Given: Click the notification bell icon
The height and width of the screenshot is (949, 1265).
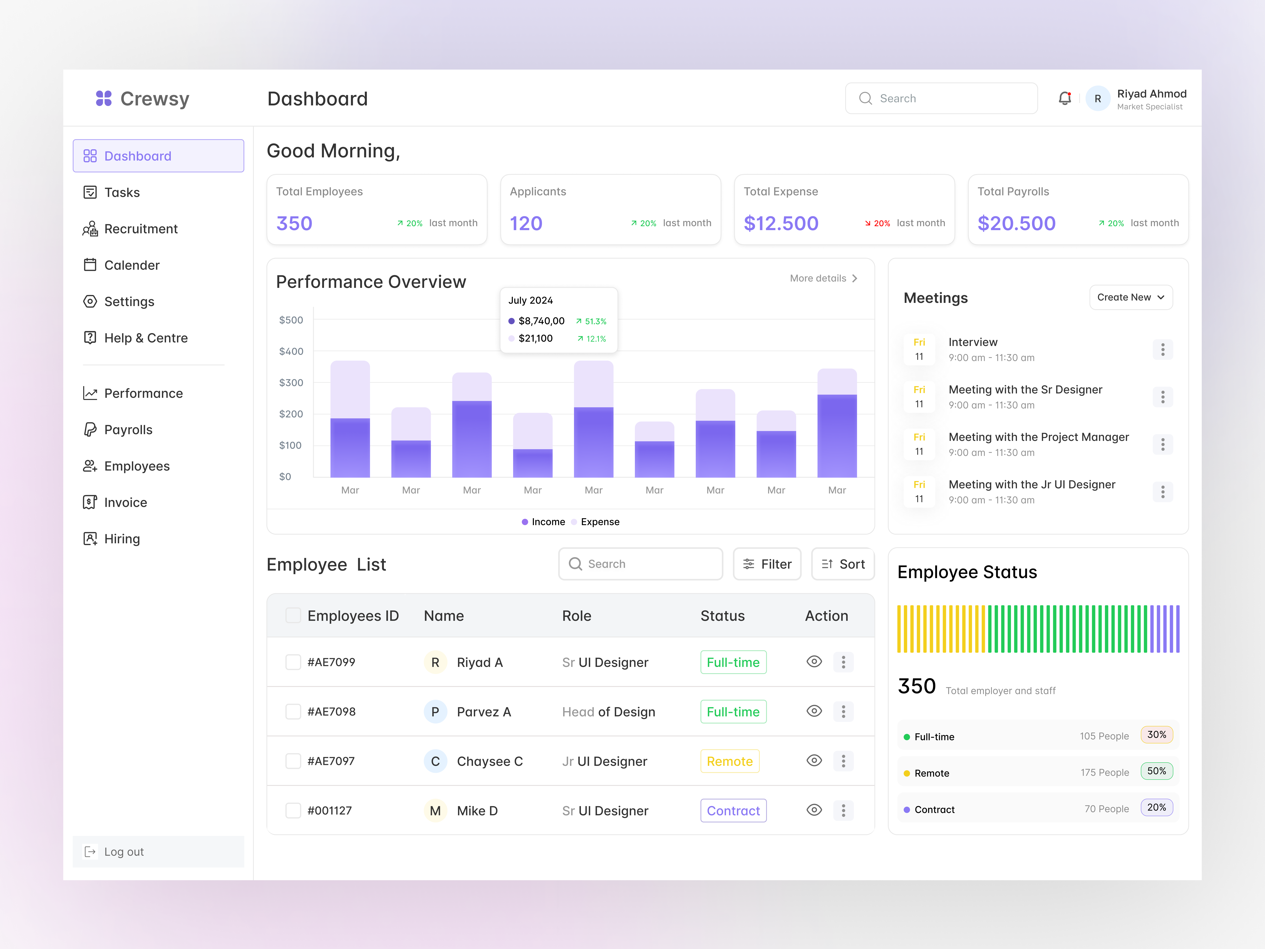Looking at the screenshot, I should (x=1064, y=98).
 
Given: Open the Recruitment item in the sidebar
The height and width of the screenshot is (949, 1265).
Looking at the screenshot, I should (x=141, y=229).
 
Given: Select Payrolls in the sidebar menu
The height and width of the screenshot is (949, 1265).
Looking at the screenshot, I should (x=128, y=430).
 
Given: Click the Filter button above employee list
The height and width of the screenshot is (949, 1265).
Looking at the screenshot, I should (x=767, y=564).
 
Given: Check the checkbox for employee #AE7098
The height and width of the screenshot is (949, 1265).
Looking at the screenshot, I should (x=293, y=712).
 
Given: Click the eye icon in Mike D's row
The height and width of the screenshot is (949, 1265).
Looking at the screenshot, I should (x=814, y=810).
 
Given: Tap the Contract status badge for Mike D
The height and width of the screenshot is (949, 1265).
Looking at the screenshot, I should (x=733, y=811).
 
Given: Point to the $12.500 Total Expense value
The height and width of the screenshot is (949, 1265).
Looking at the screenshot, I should (x=781, y=223).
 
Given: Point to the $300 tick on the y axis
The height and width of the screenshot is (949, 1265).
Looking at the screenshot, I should (x=291, y=383).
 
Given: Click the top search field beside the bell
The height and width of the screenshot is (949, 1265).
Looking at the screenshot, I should (x=941, y=98).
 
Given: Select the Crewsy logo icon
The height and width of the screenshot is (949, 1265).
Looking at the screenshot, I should (x=104, y=98).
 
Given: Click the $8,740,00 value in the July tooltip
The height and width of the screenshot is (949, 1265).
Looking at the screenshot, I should (x=541, y=321).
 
